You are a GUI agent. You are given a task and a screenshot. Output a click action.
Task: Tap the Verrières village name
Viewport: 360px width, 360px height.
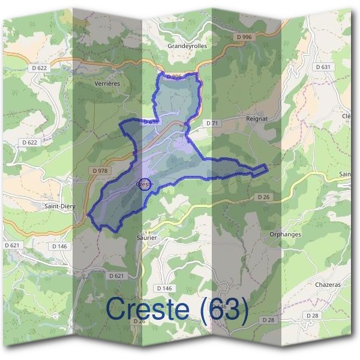click(x=108, y=84)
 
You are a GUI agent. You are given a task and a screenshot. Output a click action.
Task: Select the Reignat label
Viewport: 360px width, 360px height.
click(x=256, y=119)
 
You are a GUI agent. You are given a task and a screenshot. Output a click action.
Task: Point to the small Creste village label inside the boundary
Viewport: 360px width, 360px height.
click(x=145, y=184)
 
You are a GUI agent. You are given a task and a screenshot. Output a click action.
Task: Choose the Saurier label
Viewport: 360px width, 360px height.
click(x=147, y=238)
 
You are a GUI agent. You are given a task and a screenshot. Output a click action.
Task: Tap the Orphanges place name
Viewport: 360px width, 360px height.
click(x=285, y=235)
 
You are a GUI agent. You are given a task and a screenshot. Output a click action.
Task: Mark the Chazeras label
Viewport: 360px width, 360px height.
click(x=328, y=286)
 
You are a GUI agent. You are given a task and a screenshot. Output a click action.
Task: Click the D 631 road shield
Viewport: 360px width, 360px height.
click(x=322, y=67)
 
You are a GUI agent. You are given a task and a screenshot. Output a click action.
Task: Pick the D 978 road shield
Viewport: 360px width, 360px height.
click(x=100, y=171)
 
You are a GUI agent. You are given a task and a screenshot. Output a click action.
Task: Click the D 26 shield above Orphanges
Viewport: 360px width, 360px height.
click(x=265, y=197)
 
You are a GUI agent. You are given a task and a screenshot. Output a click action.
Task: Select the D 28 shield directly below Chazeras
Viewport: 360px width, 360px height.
click(x=312, y=316)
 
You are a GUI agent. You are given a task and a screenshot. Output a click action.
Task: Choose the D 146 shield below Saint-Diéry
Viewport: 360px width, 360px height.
click(x=59, y=247)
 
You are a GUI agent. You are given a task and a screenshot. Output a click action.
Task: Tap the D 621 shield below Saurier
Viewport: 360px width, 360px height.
click(x=117, y=276)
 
